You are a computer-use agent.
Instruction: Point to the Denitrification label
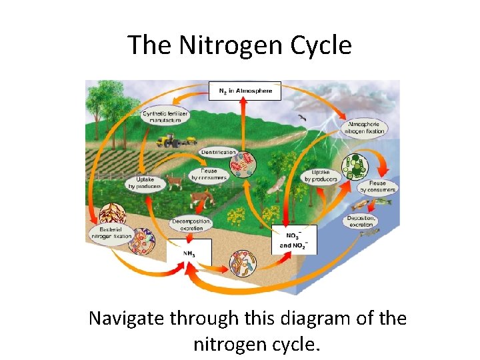click(218, 152)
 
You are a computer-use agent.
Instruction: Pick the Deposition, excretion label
click(362, 221)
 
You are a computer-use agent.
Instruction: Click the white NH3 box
click(189, 253)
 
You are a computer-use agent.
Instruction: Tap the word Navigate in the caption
click(127, 319)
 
